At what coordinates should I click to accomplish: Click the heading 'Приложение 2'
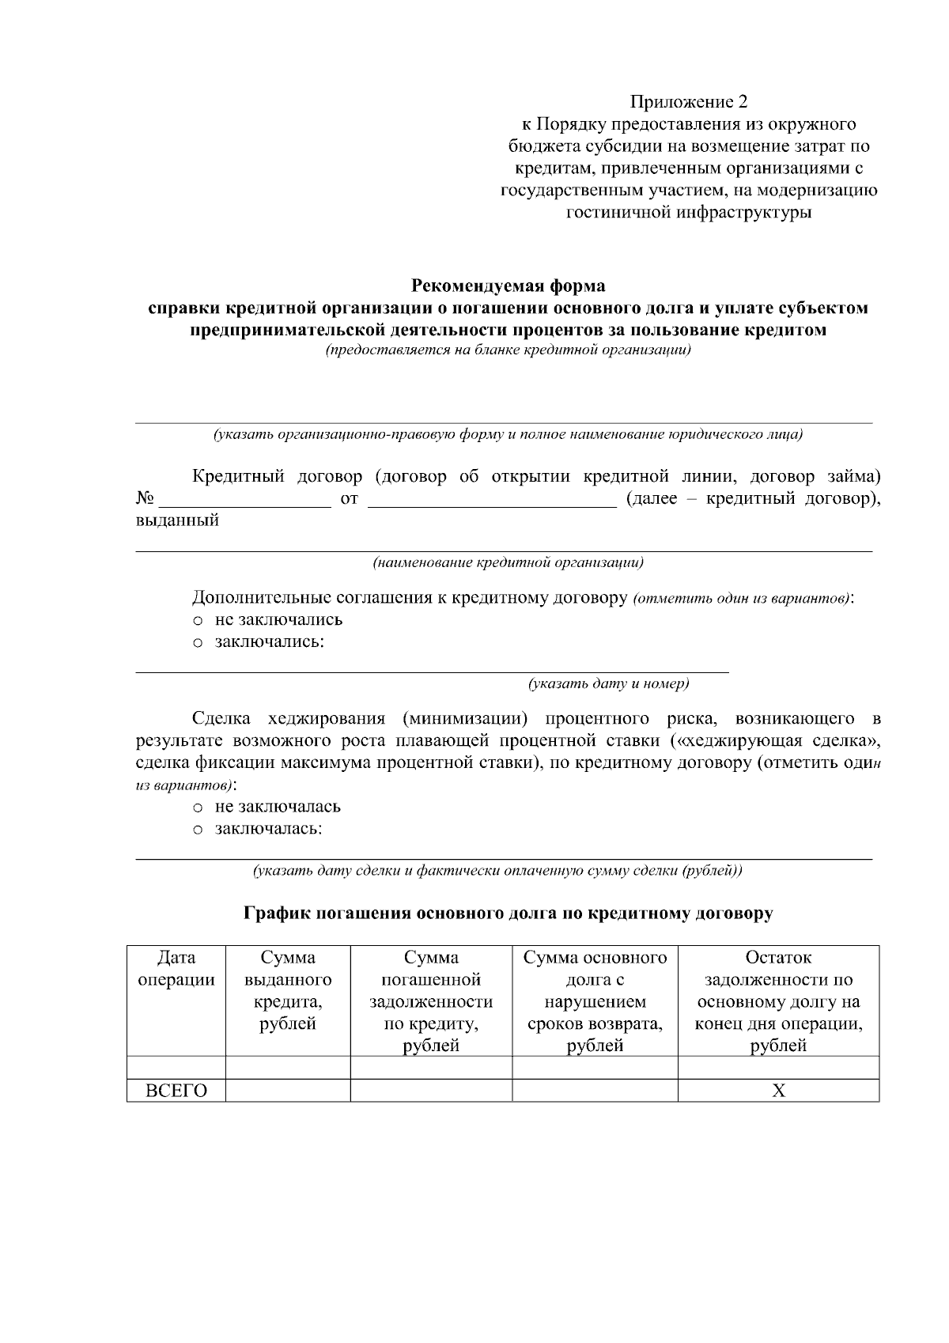click(x=688, y=102)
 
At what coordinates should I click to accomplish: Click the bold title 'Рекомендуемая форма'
click(x=508, y=286)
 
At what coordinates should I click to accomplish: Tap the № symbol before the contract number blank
click(x=145, y=499)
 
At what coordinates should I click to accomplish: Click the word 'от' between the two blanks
click(x=349, y=499)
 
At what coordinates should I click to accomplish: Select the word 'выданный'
click(x=177, y=521)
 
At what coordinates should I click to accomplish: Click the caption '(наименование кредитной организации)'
click(x=508, y=563)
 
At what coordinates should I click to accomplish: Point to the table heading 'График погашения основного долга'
click(x=508, y=914)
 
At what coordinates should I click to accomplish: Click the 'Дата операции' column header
click(x=176, y=969)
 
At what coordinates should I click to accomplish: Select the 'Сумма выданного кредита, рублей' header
click(x=288, y=991)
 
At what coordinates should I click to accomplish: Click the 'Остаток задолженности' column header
click(x=778, y=1002)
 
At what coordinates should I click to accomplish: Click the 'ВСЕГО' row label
click(x=176, y=1091)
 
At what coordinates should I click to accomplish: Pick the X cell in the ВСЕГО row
click(x=778, y=1091)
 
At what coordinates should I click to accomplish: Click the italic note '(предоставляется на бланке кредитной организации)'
click(x=508, y=350)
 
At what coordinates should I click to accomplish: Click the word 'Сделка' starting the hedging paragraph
click(x=221, y=719)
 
